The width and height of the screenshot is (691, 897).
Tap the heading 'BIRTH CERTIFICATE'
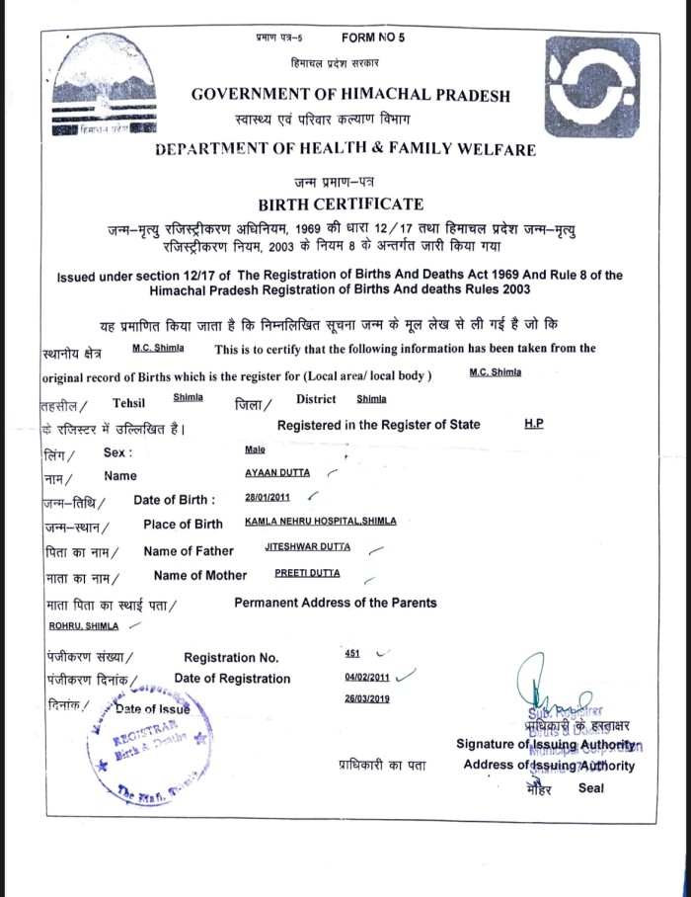(341, 204)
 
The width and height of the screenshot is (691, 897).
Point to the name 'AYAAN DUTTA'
(277, 473)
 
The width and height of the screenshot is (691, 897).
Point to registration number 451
(351, 653)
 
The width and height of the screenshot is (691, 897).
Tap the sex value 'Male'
(254, 449)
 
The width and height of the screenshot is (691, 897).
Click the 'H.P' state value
(534, 424)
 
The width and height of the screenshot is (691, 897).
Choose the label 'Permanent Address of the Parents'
(335, 603)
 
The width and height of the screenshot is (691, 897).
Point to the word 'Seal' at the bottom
(591, 788)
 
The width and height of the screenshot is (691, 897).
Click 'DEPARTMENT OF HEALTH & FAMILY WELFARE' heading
(345, 150)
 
